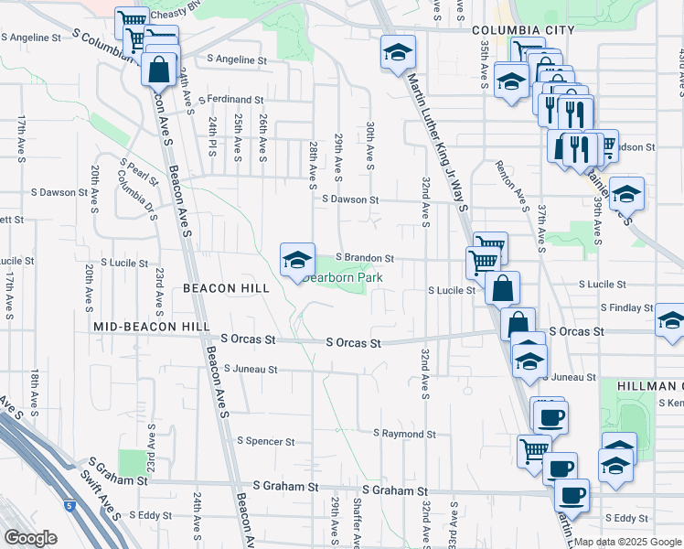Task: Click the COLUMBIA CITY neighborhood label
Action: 523,30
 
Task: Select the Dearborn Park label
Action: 345,277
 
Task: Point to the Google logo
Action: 31,537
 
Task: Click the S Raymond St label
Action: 404,433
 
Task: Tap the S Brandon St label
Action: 364,259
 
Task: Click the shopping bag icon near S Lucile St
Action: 502,289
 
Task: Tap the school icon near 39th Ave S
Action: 626,195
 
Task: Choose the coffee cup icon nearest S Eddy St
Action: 572,496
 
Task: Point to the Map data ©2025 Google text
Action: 626,542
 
